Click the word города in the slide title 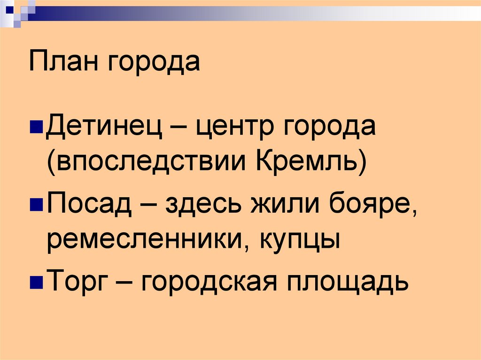pos(155,64)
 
